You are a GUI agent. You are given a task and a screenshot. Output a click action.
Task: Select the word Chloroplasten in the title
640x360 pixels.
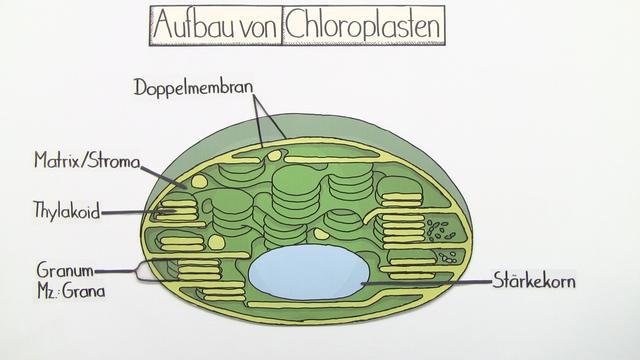[x=363, y=27]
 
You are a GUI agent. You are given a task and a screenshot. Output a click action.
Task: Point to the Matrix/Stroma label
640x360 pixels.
[x=86, y=159]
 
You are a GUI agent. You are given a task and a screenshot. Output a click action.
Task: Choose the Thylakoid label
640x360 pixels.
[x=66, y=211]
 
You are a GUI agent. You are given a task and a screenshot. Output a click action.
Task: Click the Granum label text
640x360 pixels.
[x=66, y=270]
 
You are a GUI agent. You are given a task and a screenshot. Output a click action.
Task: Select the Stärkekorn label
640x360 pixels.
[x=534, y=282]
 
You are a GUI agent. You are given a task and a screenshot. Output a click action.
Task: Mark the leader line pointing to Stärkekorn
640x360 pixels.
[x=430, y=283]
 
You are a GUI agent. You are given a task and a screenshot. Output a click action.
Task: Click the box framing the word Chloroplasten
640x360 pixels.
[x=363, y=8]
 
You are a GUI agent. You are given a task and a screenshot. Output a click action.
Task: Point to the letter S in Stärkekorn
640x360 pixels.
[x=493, y=282]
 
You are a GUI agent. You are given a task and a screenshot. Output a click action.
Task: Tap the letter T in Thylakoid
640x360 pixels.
[x=37, y=211]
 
